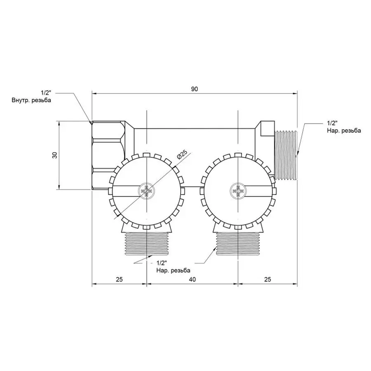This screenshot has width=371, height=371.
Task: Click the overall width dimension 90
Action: [x=194, y=89]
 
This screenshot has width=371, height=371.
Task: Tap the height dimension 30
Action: [x=55, y=155]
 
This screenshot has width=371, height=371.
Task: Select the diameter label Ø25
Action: [x=181, y=154]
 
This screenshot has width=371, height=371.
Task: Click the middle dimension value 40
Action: [x=193, y=279]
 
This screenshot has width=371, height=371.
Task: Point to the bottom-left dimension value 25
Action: [x=120, y=279]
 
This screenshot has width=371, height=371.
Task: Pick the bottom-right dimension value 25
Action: [x=268, y=279]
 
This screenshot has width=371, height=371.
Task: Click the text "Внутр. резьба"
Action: [x=31, y=100]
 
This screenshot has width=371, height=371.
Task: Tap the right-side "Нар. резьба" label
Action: [x=344, y=130]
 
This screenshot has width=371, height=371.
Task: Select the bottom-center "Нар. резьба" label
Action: [x=173, y=270]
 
